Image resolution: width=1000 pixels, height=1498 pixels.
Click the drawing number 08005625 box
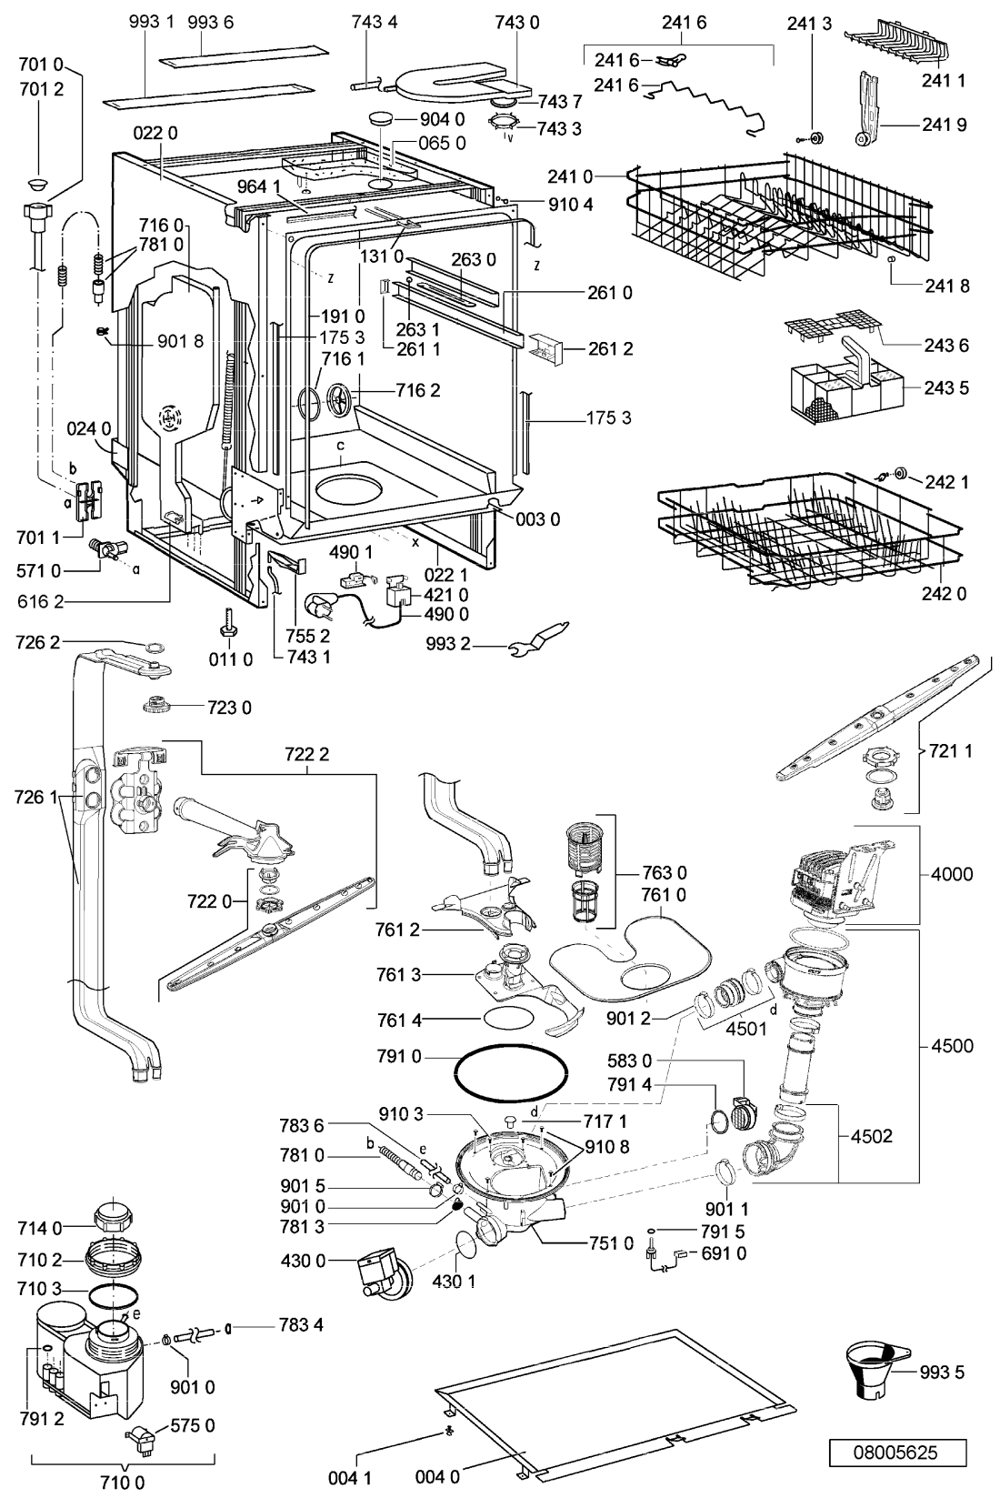click(x=898, y=1453)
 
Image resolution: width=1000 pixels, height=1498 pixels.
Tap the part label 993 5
click(x=942, y=1372)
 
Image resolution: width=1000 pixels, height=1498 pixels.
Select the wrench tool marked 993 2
click(x=539, y=638)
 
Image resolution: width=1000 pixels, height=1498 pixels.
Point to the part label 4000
click(x=951, y=873)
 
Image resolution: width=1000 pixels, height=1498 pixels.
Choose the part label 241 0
click(x=569, y=176)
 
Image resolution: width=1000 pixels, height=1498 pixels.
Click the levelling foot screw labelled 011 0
click(x=226, y=623)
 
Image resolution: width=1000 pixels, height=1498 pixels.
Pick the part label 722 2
click(x=307, y=754)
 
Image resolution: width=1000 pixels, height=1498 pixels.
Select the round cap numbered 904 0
click(x=382, y=119)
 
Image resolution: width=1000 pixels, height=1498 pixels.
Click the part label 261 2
click(x=610, y=349)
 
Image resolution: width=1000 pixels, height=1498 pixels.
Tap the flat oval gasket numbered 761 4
click(x=509, y=1020)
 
